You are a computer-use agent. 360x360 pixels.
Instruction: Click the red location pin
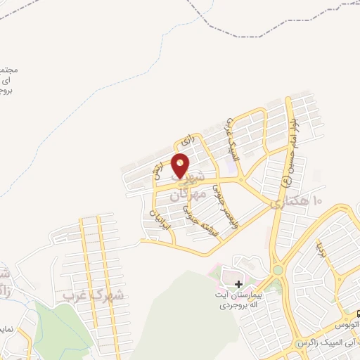181,165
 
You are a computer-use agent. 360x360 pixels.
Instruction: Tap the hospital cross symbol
239,285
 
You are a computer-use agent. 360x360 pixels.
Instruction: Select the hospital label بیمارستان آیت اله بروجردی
240,300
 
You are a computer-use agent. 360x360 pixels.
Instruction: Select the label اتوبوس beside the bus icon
346,327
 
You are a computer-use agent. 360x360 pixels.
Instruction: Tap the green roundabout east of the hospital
278,269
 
